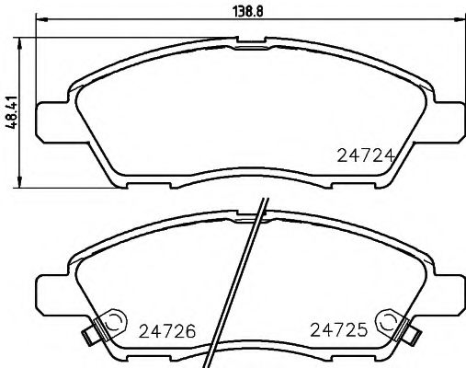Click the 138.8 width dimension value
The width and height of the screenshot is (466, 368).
pyautogui.click(x=249, y=10)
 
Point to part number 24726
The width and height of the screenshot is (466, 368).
pyautogui.click(x=166, y=328)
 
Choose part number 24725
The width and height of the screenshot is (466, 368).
pyautogui.click(x=336, y=328)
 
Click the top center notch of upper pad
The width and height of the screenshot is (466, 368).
pyautogui.click(x=248, y=40)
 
